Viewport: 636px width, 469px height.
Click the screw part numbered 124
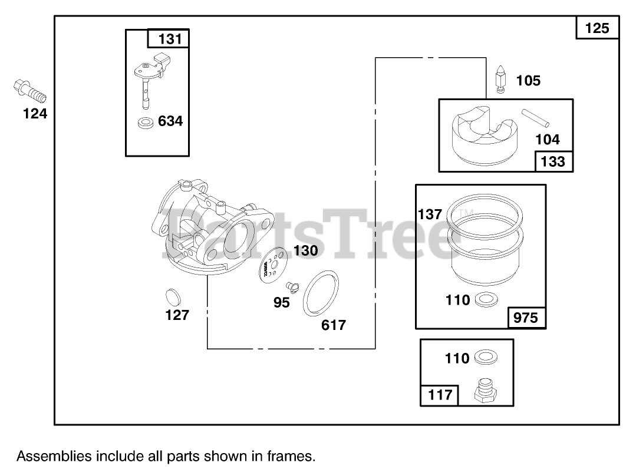29,91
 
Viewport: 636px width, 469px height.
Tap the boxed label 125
597,28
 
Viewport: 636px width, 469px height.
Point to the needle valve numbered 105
500,80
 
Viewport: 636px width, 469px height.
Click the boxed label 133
552,161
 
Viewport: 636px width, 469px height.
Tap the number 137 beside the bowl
430,214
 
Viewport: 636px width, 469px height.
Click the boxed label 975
526,318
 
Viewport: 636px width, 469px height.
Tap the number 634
170,121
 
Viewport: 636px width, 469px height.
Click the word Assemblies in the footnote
54,455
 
